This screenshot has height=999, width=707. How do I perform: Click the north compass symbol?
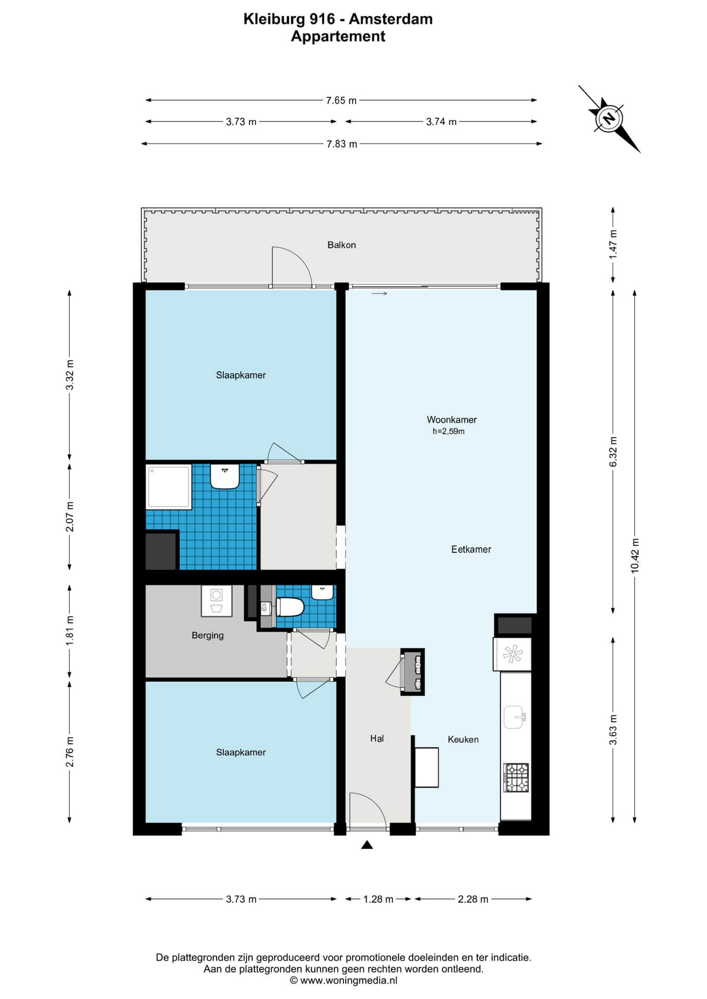click(609, 118)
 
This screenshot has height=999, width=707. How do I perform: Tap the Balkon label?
click(342, 245)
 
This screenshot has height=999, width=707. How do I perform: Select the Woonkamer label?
click(451, 419)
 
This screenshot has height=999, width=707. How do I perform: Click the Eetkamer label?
click(471, 549)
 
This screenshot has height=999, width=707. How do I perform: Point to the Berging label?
click(208, 635)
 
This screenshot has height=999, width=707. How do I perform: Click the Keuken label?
click(463, 739)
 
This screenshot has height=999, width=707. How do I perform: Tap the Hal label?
click(377, 738)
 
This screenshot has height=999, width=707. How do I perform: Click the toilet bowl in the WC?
click(290, 607)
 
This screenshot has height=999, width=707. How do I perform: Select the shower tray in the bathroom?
click(169, 486)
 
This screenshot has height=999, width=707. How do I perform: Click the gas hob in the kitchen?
click(516, 777)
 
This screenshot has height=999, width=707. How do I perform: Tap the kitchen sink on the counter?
click(514, 717)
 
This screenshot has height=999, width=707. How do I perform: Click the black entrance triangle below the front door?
click(367, 845)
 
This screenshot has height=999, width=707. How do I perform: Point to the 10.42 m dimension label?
click(635, 556)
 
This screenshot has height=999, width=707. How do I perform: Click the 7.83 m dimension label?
click(342, 144)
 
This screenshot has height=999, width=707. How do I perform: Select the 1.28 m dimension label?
click(378, 899)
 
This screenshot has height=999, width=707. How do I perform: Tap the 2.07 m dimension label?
click(70, 516)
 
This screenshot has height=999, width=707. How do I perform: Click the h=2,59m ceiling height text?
click(448, 431)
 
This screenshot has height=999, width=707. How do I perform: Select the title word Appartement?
click(338, 36)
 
